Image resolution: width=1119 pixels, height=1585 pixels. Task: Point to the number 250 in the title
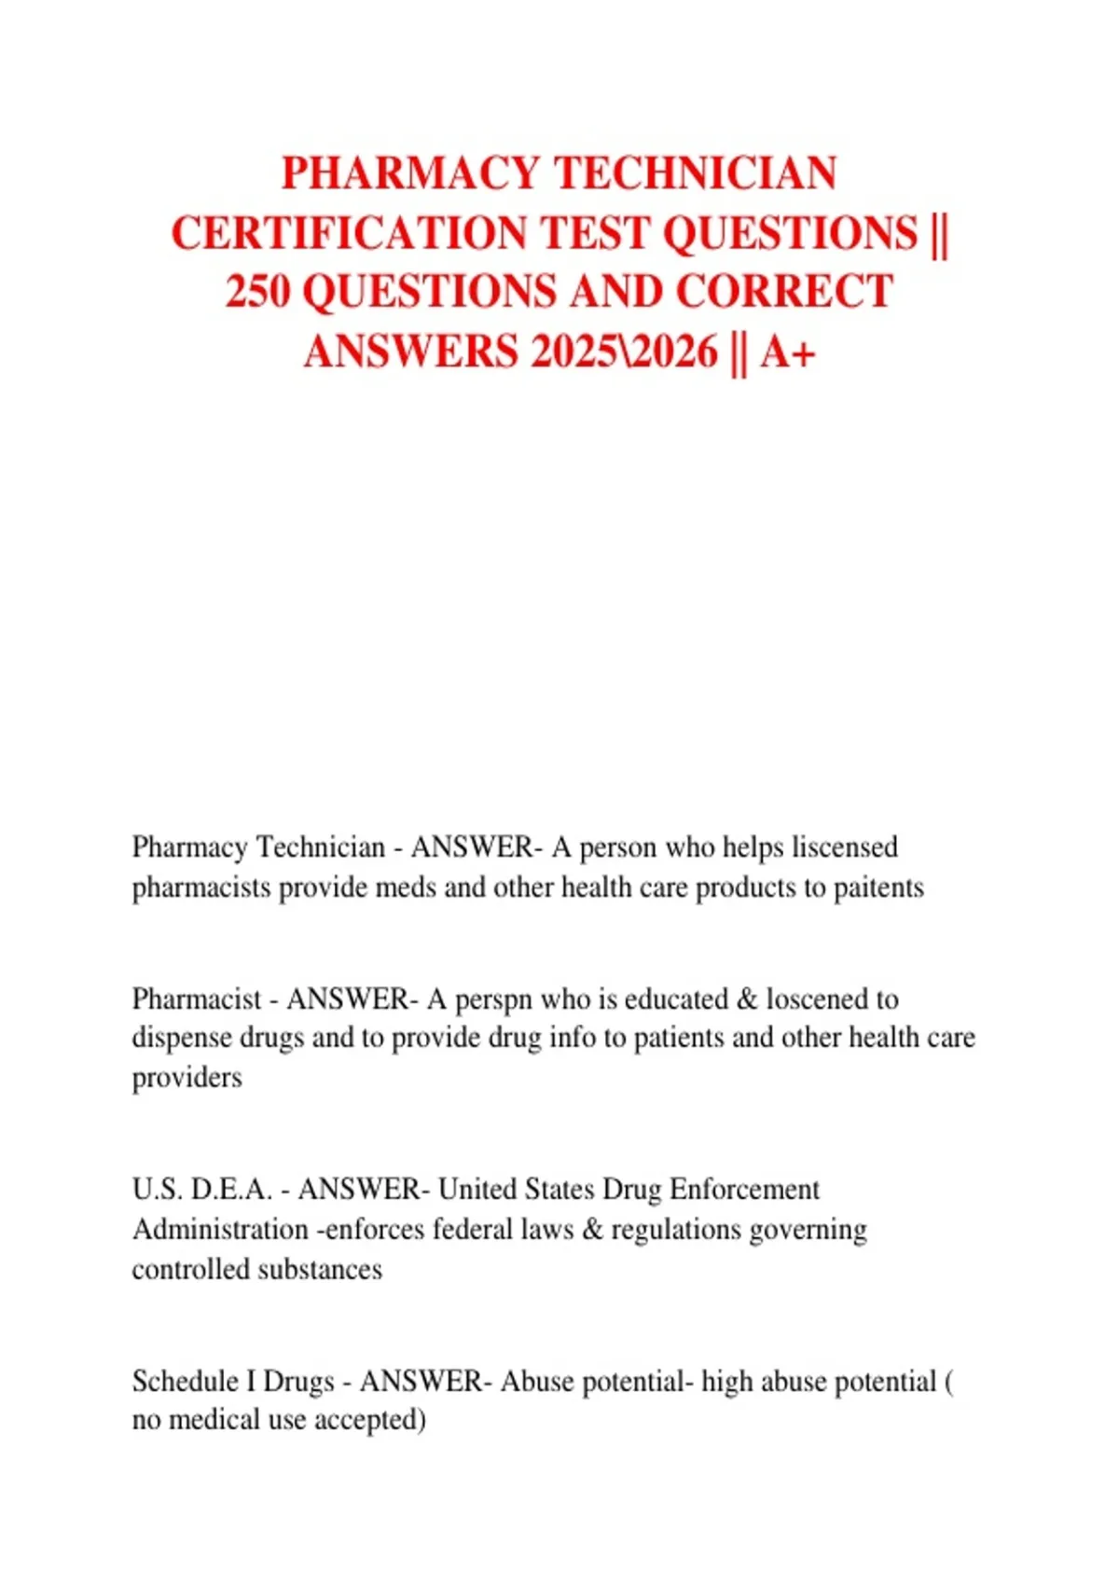pos(258,292)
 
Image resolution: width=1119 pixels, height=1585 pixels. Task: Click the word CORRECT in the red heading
pos(784,292)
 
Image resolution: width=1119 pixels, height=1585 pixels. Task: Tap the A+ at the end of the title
pos(788,351)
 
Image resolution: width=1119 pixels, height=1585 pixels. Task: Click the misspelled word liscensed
pos(844,847)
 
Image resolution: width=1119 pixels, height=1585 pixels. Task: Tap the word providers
pos(186,1078)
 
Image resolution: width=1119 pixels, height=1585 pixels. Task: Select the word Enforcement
pos(744,1190)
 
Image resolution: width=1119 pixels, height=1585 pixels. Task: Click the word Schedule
pos(185,1381)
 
